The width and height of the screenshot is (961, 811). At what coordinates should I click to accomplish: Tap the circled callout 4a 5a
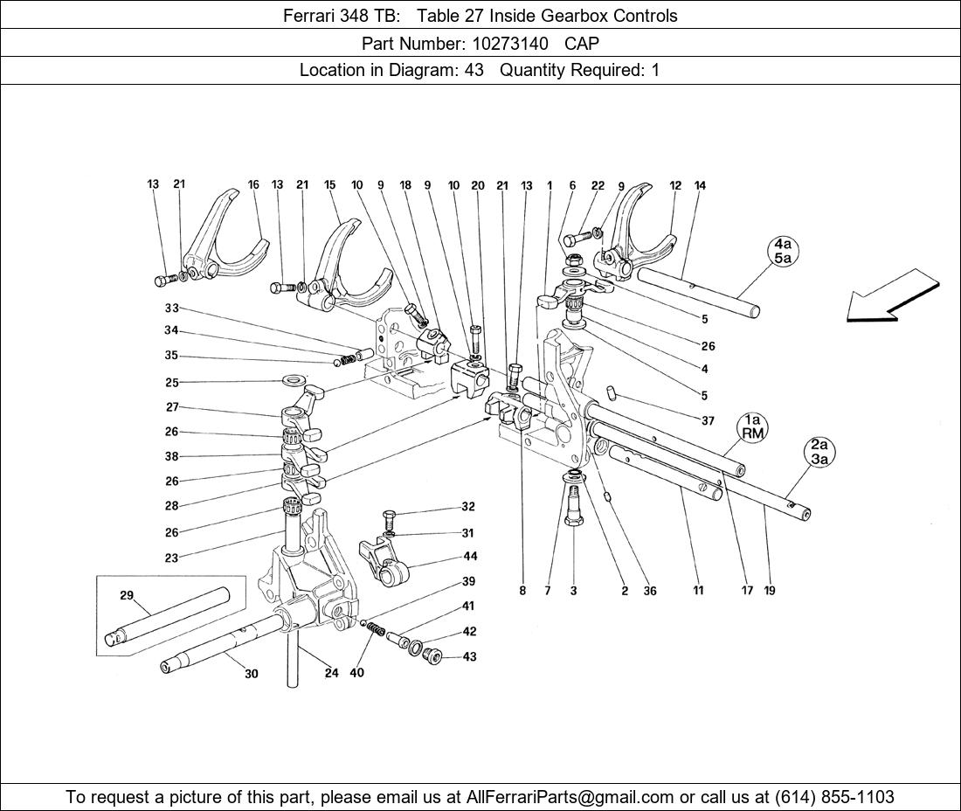782,251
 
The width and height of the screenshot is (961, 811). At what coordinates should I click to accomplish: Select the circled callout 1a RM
753,426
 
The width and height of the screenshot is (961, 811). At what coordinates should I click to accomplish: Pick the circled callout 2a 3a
819,452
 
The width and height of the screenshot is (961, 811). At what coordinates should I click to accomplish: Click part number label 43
470,656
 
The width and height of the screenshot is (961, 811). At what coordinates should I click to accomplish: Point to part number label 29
127,595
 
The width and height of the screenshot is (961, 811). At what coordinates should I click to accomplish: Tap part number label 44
470,556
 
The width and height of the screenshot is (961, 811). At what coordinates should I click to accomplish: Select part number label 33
171,308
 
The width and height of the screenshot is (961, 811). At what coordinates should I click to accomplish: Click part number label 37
708,420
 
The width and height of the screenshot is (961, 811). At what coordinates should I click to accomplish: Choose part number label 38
171,456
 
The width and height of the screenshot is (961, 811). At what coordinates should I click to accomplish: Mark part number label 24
332,673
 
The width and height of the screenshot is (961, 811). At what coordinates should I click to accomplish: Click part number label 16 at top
253,184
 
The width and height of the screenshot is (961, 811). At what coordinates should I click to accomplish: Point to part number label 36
650,591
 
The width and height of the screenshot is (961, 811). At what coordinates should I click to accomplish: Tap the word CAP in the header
582,42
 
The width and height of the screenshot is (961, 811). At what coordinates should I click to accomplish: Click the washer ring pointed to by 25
294,381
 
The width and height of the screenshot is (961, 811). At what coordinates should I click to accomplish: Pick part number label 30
252,674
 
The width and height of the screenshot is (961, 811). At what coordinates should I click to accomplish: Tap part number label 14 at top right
700,185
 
